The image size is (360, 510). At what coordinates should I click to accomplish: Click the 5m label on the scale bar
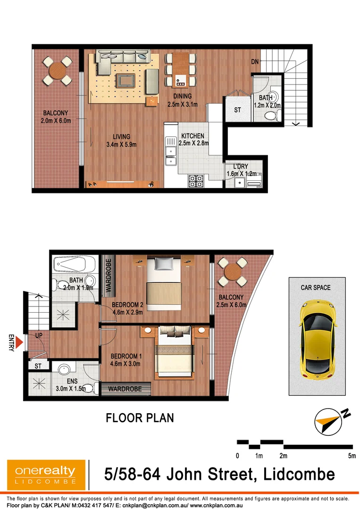pos(352,456)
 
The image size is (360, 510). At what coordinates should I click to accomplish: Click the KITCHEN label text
pos(193,136)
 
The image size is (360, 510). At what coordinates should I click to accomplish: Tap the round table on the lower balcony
pos(233,273)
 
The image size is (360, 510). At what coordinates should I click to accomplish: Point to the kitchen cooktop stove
pos(196,181)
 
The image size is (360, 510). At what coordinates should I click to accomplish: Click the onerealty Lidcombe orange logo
pos(46,474)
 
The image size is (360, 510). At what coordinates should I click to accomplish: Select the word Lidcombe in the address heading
pos(296,474)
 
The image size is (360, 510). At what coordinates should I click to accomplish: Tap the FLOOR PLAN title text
pos(140,417)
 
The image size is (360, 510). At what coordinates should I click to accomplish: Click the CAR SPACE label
pos(316,287)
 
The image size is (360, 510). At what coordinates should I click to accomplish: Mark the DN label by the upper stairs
pos(254,62)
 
